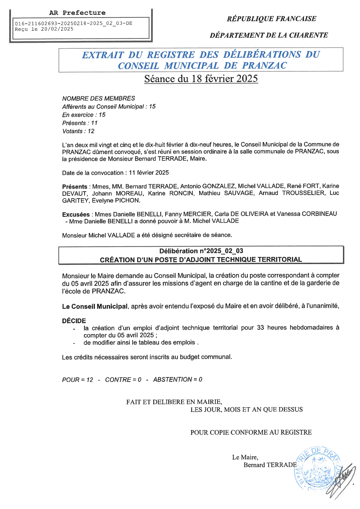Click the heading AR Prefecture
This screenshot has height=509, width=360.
tap(77, 13)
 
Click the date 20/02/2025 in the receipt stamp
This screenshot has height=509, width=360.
tap(57, 29)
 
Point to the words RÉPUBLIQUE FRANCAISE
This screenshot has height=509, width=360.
tap(271, 19)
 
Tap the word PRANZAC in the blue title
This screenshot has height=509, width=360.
tap(264, 66)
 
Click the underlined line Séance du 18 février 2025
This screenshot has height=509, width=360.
tap(201, 79)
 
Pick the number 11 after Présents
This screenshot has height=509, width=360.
tap(94, 123)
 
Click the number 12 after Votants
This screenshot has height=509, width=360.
tap(91, 131)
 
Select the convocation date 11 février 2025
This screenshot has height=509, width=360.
tap(149, 173)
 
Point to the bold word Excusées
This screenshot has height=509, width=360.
tap(76, 214)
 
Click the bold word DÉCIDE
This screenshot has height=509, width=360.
tap(74, 321)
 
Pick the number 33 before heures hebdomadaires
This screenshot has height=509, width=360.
tap(260, 328)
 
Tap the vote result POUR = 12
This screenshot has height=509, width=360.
tap(78, 380)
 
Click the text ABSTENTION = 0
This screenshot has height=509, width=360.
tap(178, 380)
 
